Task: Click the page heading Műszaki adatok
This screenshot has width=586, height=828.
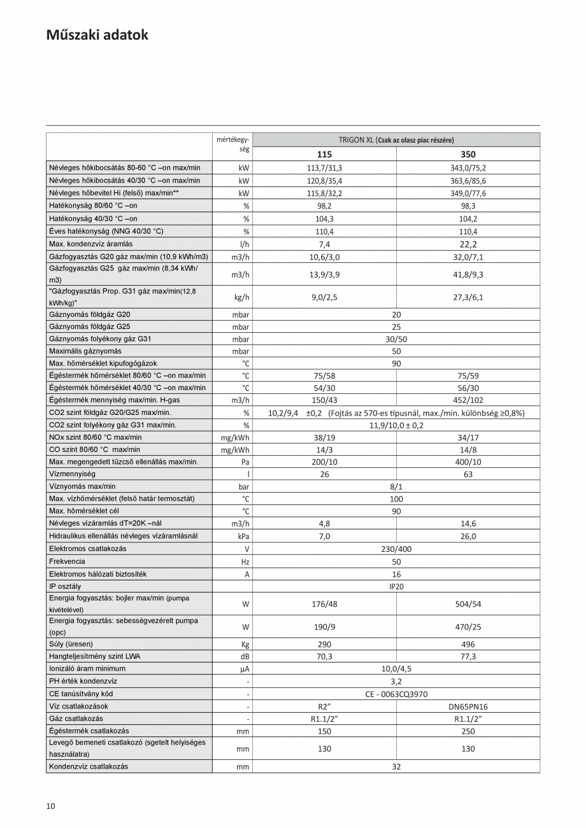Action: [x=97, y=35]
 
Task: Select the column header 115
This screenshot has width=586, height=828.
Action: [x=324, y=154]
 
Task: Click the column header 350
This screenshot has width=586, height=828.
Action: [x=468, y=154]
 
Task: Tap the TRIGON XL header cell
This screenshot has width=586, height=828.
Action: [x=396, y=140]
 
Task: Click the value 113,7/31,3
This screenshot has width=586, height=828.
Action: [x=324, y=168]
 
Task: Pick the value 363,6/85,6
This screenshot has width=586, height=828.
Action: [x=468, y=181]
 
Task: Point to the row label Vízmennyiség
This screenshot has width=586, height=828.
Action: [x=72, y=474]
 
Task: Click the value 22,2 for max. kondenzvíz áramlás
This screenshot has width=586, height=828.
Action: [x=468, y=244]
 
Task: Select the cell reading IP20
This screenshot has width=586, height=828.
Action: [x=396, y=586]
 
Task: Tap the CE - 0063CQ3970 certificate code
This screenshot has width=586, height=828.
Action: [x=396, y=694]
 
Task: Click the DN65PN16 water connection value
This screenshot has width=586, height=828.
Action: [x=468, y=706]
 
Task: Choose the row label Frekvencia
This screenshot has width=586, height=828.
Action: [x=67, y=561]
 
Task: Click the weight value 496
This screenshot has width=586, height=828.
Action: [x=468, y=644]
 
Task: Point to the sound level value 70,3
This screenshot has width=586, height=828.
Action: [x=324, y=656]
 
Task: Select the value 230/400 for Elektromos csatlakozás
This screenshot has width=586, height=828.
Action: [x=396, y=549]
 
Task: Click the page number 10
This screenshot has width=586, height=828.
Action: [x=51, y=806]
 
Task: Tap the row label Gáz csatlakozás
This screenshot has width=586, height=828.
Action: [x=76, y=718]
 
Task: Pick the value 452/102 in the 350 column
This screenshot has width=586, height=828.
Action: [x=468, y=400]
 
